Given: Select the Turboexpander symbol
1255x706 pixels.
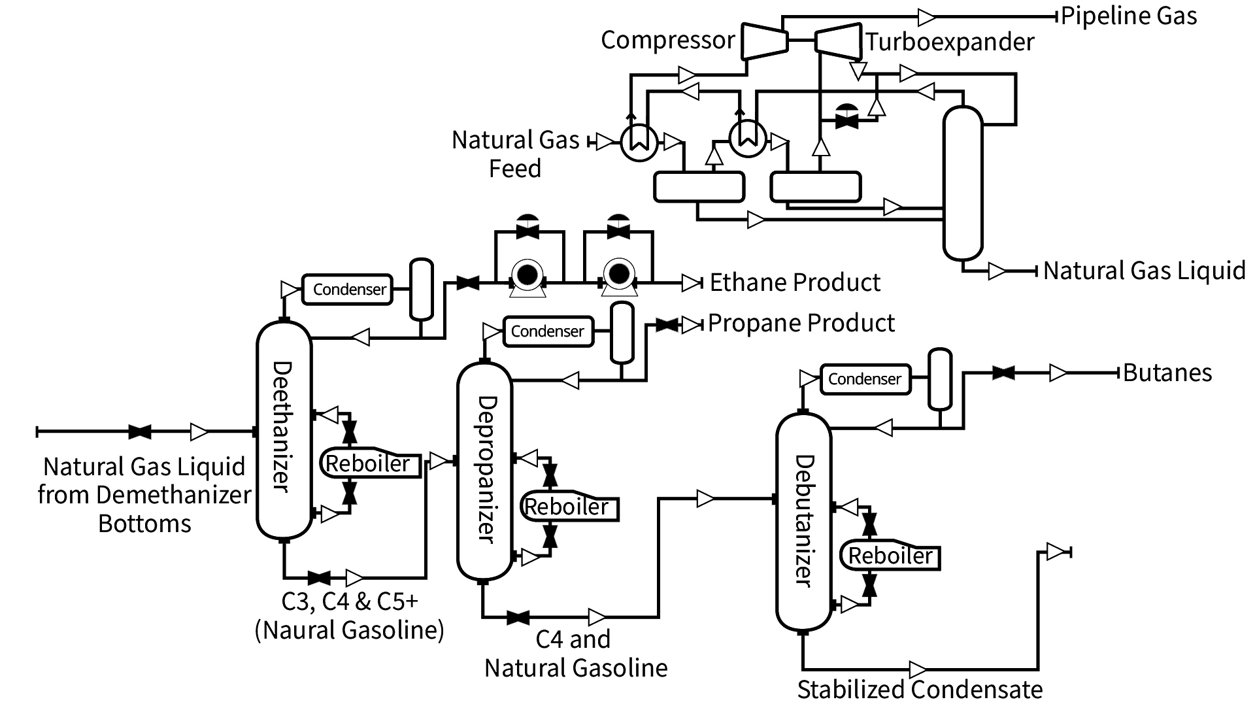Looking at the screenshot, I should pos(839,41).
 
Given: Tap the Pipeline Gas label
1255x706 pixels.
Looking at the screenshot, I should pos(1129,16).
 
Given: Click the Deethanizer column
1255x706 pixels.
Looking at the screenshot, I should pos(284,429).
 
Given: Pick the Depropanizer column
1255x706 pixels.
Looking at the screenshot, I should pos(484,471).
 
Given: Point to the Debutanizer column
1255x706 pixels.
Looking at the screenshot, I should pos(803,522).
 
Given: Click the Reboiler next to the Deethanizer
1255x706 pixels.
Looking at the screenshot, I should pos(369,463).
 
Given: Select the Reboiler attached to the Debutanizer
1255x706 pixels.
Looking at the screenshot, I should pos(890,556).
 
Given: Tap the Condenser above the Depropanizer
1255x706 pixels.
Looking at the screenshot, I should pos(548,331).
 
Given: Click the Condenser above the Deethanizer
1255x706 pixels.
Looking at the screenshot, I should pos(348,290).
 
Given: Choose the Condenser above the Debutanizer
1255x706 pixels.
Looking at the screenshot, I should pos(865,379).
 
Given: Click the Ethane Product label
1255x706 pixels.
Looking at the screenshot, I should pos(795,282).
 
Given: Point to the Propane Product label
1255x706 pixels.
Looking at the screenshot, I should pos(801,323).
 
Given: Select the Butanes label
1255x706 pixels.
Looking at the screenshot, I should pos(1167,373).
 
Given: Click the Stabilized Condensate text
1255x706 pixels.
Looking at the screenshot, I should pos(920,690).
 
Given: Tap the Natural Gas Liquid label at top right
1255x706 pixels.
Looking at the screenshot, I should pos(1144,270).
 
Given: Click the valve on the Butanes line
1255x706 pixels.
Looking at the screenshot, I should pos(1003,373).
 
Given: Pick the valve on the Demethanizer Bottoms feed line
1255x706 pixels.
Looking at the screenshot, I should pos(140,432).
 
